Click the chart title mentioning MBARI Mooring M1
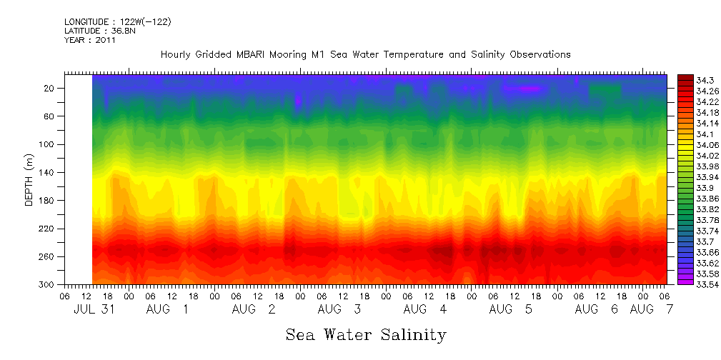click(365, 54)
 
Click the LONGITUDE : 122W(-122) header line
click(117, 22)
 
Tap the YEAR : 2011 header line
click(89, 40)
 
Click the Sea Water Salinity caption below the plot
click(366, 334)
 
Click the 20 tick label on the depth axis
click(50, 88)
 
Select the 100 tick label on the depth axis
click(48, 144)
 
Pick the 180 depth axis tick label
click(48, 200)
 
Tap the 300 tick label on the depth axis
click(48, 285)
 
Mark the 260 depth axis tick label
click(48, 256)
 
